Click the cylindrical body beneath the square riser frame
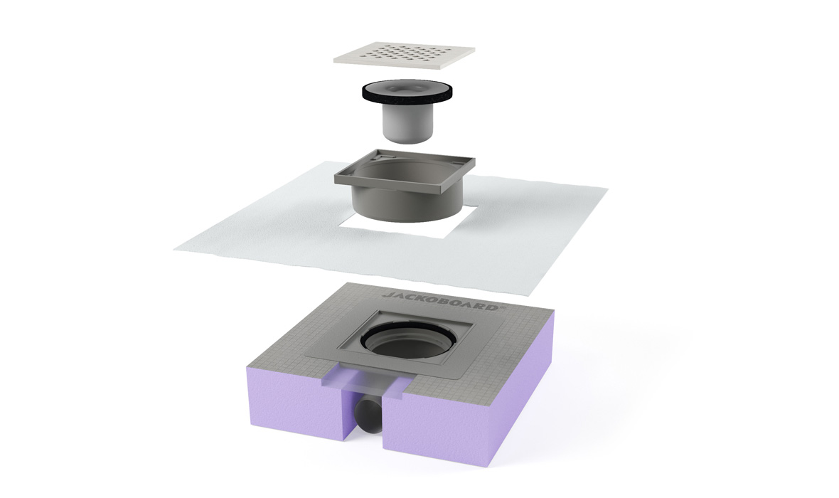405,203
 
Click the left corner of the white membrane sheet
175,248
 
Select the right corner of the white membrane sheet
606,187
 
